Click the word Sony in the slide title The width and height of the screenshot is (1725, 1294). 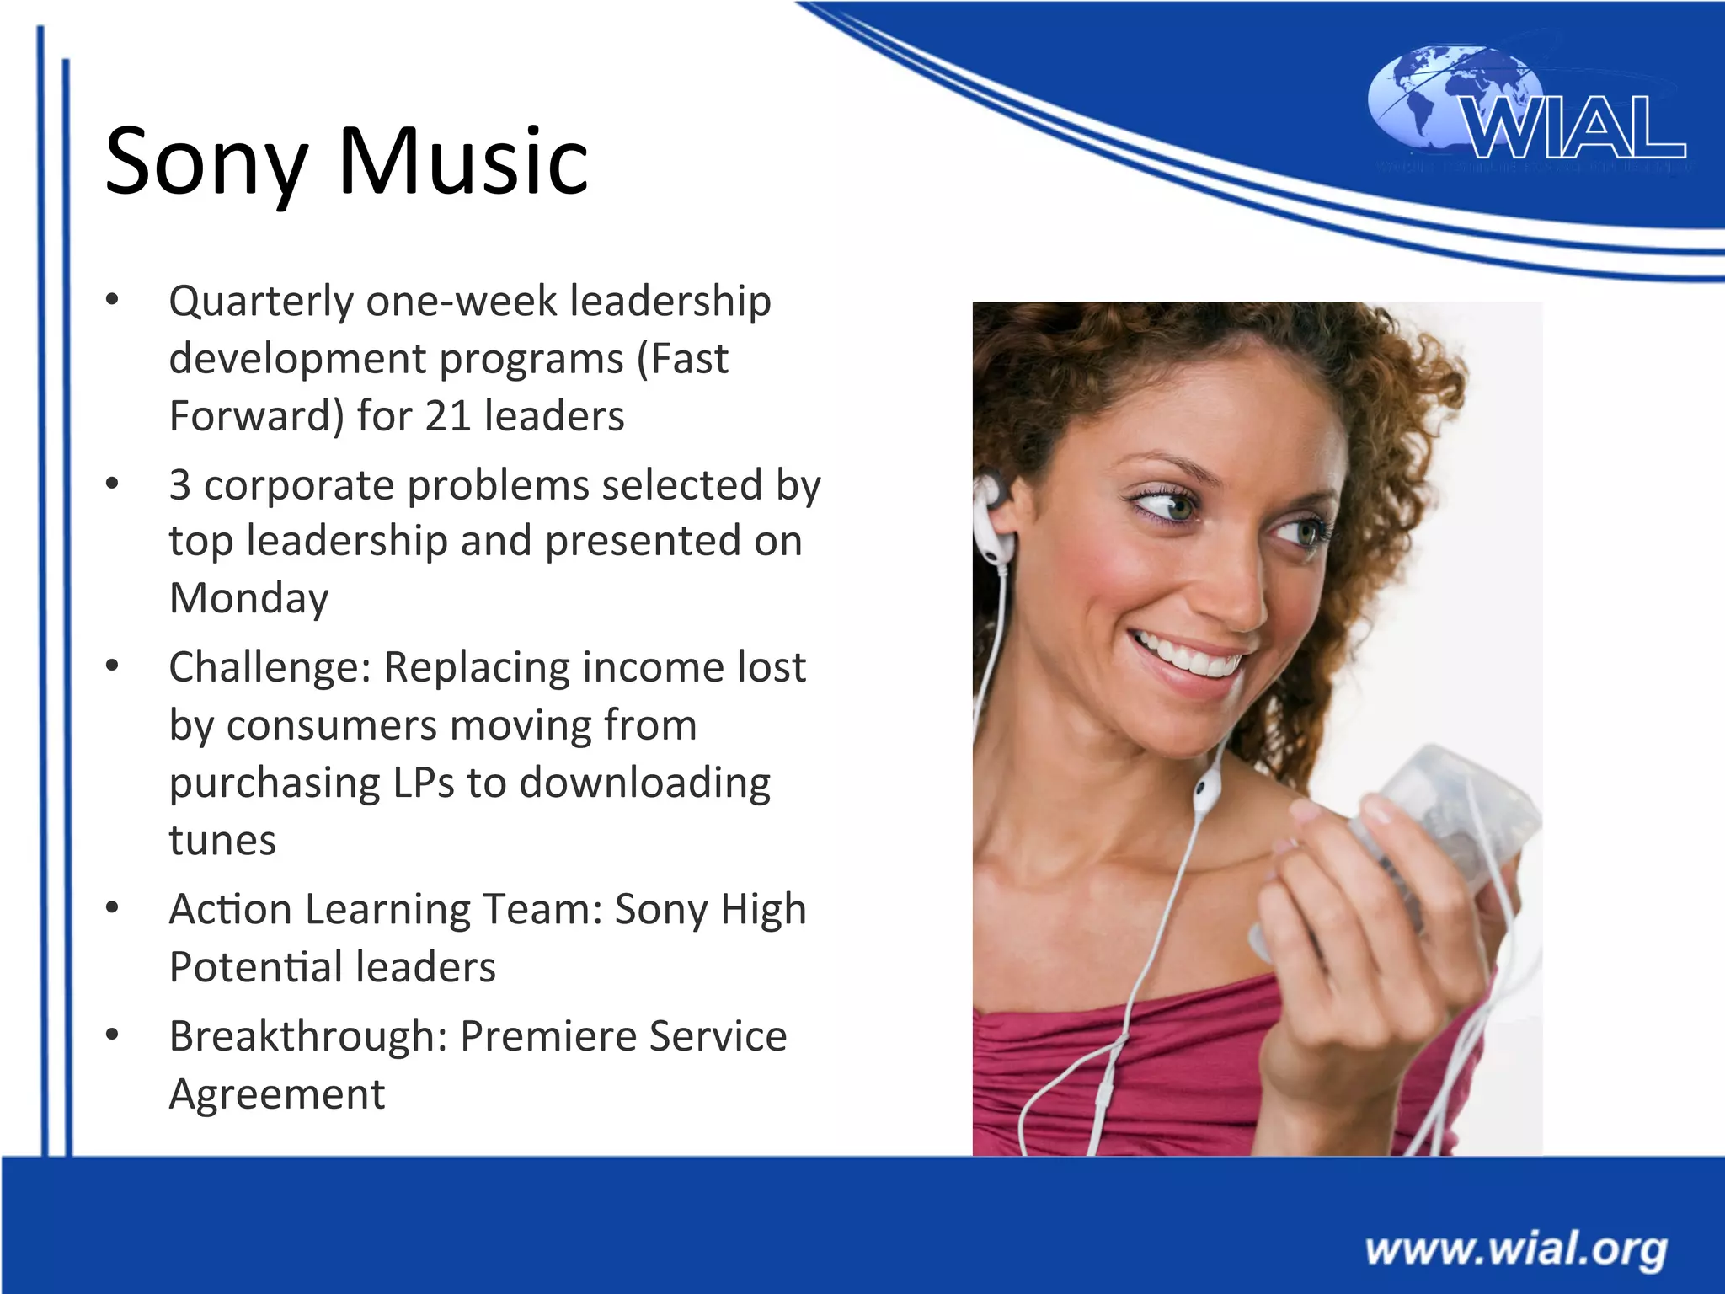pyautogui.click(x=206, y=162)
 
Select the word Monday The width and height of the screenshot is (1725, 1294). pyautogui.click(x=248, y=599)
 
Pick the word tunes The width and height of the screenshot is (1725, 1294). pyautogui.click(x=222, y=840)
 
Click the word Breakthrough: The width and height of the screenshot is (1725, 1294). pyautogui.click(x=308, y=1036)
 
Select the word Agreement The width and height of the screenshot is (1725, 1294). pyautogui.click(x=276, y=1094)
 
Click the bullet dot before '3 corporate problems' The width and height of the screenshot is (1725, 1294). pyautogui.click(x=112, y=484)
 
